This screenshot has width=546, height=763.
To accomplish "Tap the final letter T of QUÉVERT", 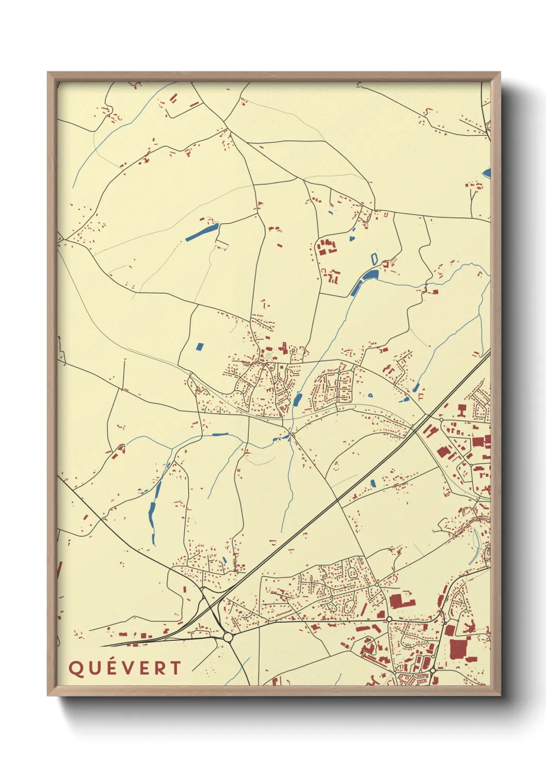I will click(x=175, y=668).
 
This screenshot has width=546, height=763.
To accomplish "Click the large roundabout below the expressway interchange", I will click(x=228, y=638).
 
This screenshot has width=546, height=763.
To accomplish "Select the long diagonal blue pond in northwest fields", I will click(x=202, y=232).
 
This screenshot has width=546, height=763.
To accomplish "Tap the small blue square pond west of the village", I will click(x=200, y=346).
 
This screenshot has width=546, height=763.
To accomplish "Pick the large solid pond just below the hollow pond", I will click(x=370, y=275).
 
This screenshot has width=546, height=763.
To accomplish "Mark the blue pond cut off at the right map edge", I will click(x=487, y=173).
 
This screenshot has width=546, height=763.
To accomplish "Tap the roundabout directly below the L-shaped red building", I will click(x=389, y=619).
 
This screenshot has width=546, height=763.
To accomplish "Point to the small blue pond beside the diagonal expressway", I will click(x=373, y=484).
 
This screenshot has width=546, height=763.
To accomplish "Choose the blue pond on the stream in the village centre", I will click(x=297, y=399).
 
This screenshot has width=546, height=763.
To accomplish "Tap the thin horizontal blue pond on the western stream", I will click(x=220, y=434).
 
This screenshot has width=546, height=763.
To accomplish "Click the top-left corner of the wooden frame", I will click(x=49, y=73).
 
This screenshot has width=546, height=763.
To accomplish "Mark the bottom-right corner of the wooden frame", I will click(x=500, y=694).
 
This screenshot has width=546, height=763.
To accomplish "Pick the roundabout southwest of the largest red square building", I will click(x=433, y=670).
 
